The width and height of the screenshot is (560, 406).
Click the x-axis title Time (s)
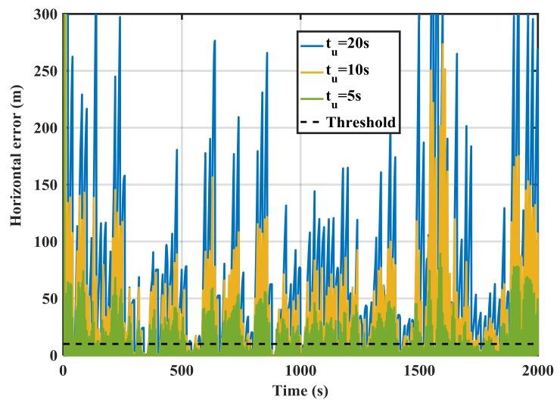click(300, 391)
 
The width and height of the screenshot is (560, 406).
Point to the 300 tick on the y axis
click(43, 14)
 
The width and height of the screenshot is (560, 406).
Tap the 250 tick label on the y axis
click(43, 70)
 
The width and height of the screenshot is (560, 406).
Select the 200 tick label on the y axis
click(43, 127)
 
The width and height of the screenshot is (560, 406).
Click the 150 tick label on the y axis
click(43, 185)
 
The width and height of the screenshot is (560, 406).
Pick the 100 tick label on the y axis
click(43, 242)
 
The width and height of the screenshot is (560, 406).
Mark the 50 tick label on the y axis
click(47, 298)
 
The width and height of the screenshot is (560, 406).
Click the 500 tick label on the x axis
click(182, 370)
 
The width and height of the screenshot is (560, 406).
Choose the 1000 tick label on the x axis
click(300, 370)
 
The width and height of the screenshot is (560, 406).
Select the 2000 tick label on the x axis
click(537, 370)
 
